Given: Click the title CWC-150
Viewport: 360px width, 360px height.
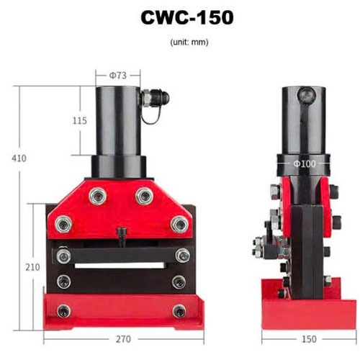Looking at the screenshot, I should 180,18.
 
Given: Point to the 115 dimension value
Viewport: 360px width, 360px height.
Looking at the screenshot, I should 80,121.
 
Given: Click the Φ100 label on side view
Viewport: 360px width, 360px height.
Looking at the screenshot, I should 304,164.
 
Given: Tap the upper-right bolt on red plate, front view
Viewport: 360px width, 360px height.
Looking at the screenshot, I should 145,194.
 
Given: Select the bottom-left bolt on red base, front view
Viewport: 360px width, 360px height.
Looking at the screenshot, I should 64,310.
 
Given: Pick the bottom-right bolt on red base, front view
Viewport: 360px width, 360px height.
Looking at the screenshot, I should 178,310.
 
